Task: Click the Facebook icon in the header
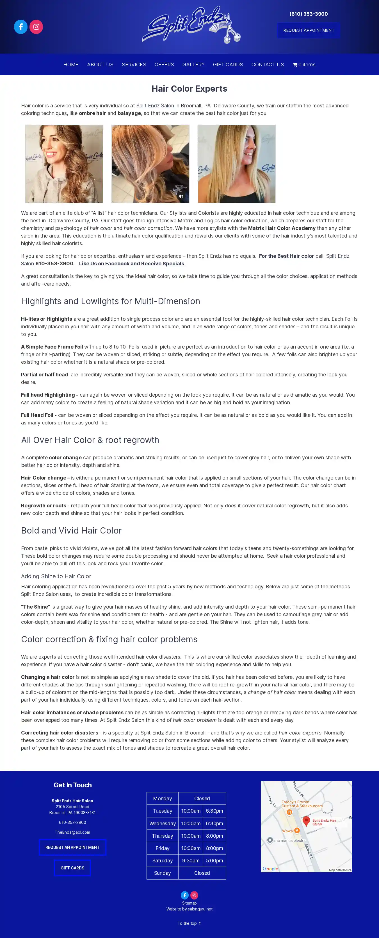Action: click(x=21, y=27)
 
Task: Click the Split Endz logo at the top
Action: click(x=191, y=25)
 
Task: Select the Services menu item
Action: click(x=134, y=64)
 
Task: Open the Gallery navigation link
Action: click(x=193, y=64)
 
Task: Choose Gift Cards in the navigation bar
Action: click(x=228, y=64)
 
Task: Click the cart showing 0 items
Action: click(x=304, y=64)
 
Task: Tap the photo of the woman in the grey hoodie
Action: click(x=64, y=164)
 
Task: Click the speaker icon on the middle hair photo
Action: click(x=181, y=196)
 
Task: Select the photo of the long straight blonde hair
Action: click(x=236, y=164)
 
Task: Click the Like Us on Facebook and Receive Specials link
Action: click(x=132, y=264)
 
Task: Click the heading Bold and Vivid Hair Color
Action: click(x=71, y=530)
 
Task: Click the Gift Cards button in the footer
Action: click(x=72, y=868)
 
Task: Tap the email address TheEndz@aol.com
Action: click(x=72, y=832)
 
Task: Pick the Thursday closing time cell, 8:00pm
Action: click(x=214, y=836)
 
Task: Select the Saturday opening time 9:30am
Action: click(x=191, y=860)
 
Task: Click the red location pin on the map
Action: click(x=306, y=821)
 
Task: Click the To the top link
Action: click(x=189, y=923)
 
